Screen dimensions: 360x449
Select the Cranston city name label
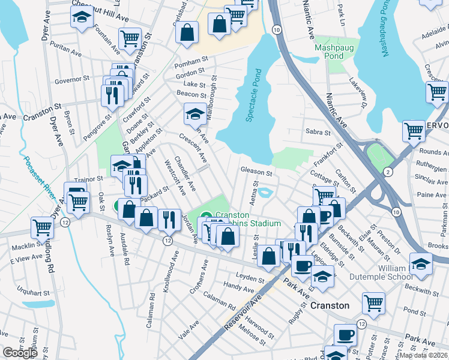tap(330, 305)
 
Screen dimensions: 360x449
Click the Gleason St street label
tap(256, 172)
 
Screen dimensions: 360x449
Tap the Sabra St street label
tap(318, 132)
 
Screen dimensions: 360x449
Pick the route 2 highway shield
tap(388, 172)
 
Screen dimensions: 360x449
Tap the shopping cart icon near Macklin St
tap(42, 227)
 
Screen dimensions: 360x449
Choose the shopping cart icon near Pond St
tap(373, 302)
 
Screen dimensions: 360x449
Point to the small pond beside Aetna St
tap(267, 193)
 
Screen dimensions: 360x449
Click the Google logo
tap(20, 353)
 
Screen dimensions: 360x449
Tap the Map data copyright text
tap(423, 355)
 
